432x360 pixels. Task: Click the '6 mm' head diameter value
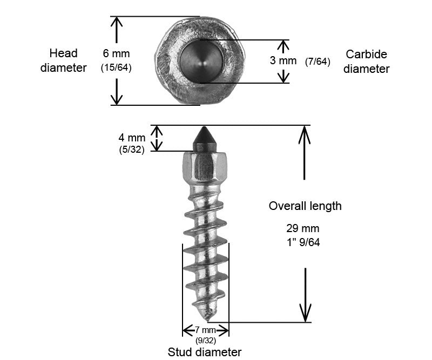[117, 54]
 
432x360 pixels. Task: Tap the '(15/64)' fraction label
[117, 67]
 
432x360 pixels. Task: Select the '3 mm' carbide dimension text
[283, 60]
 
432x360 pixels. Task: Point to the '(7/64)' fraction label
[318, 62]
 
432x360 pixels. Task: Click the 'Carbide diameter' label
[367, 62]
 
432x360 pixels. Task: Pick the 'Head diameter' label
[64, 60]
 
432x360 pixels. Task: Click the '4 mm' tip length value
[132, 138]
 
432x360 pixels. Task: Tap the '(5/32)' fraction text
[132, 150]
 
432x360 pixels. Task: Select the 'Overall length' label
[305, 206]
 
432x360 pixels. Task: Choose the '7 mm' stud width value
[206, 330]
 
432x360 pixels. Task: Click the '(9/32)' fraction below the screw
[206, 340]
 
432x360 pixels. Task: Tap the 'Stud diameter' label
[205, 352]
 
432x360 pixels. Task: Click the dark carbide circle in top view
[199, 61]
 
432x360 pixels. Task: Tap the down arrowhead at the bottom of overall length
[306, 316]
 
